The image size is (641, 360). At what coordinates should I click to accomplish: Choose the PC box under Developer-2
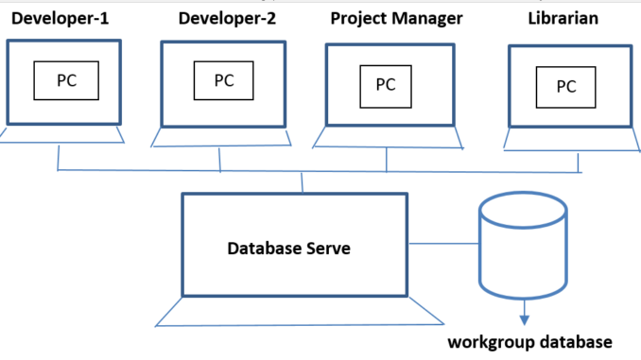point(224,79)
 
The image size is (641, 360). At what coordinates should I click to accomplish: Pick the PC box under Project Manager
point(386,84)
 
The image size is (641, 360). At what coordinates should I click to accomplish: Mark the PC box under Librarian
point(566,87)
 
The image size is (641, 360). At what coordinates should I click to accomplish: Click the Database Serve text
point(288,249)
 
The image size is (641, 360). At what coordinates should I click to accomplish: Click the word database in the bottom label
point(569,341)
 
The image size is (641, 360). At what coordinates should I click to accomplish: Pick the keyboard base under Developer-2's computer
point(223,138)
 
